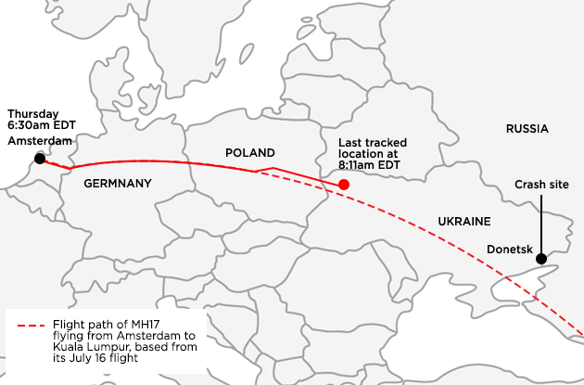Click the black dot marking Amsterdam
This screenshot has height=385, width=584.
coord(39,159)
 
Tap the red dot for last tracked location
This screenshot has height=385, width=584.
coord(344,185)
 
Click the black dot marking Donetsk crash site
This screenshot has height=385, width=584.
coord(540,259)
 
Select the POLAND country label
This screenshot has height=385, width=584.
coord(250,152)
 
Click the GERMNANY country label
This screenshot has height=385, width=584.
coord(117,184)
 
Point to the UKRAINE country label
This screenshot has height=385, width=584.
coord(463,220)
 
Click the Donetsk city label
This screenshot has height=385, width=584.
coord(509,249)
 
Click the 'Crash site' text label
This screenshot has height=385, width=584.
coord(541,185)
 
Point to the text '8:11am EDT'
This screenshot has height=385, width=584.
coord(369,164)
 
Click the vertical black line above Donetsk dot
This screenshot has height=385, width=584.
coord(540,223)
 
